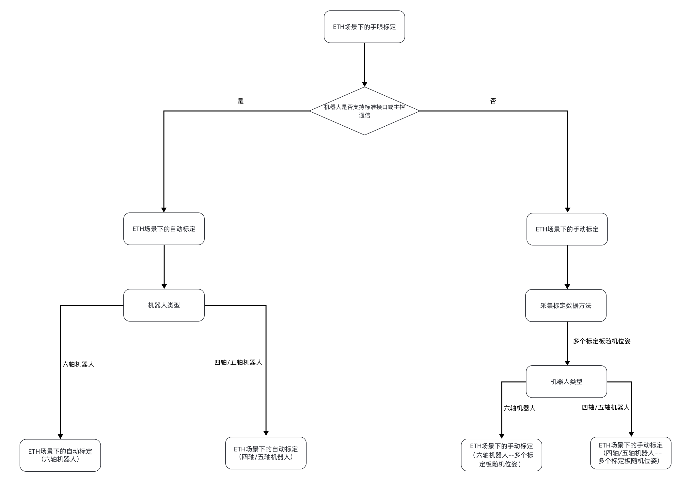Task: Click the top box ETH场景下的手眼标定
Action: (364, 27)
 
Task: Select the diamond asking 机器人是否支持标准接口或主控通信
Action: (364, 111)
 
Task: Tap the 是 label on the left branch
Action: (241, 101)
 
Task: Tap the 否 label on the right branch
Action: (493, 101)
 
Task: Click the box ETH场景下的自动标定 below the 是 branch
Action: (164, 229)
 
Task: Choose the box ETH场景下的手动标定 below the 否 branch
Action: (567, 229)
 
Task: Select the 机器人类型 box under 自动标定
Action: (164, 305)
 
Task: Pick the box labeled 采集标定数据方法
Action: (566, 306)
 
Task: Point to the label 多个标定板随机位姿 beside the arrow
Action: (602, 341)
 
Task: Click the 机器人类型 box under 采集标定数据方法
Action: (566, 382)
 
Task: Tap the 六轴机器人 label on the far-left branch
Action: (78, 364)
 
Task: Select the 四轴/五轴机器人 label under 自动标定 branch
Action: (238, 362)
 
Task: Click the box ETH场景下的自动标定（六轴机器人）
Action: (60, 455)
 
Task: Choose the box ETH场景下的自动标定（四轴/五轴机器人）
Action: (266, 453)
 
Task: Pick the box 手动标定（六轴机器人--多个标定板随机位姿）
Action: (501, 455)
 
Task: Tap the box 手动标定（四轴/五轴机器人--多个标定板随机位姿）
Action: (631, 453)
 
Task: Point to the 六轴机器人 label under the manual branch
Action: (519, 408)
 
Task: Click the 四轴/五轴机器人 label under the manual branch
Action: (606, 407)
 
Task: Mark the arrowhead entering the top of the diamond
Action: (365, 84)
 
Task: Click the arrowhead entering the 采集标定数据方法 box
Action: (567, 287)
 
